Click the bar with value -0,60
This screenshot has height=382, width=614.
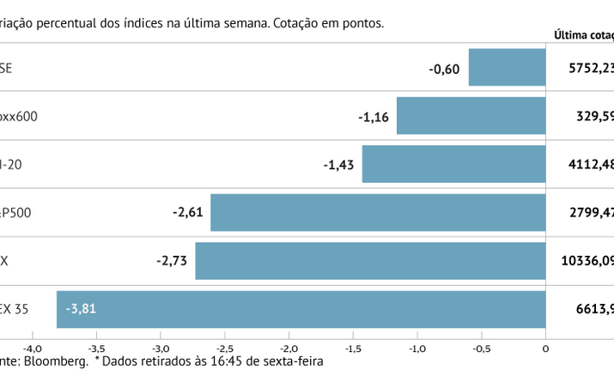(507, 67)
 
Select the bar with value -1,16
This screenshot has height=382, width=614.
(471, 115)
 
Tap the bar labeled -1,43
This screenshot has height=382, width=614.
(453, 164)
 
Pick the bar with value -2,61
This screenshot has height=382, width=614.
(378, 212)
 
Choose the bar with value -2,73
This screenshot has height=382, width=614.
(370, 260)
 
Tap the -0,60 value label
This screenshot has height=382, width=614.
(445, 67)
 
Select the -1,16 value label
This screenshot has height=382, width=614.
(374, 115)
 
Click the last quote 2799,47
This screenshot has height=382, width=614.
(592, 212)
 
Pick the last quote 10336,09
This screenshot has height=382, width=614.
(588, 260)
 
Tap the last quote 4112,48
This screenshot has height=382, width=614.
(592, 164)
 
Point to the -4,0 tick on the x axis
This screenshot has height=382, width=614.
(32, 349)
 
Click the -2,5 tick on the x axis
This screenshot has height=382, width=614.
(224, 349)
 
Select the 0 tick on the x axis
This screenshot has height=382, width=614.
(545, 349)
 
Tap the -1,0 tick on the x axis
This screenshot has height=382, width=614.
(416, 349)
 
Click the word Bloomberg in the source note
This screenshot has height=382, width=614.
(57, 362)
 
